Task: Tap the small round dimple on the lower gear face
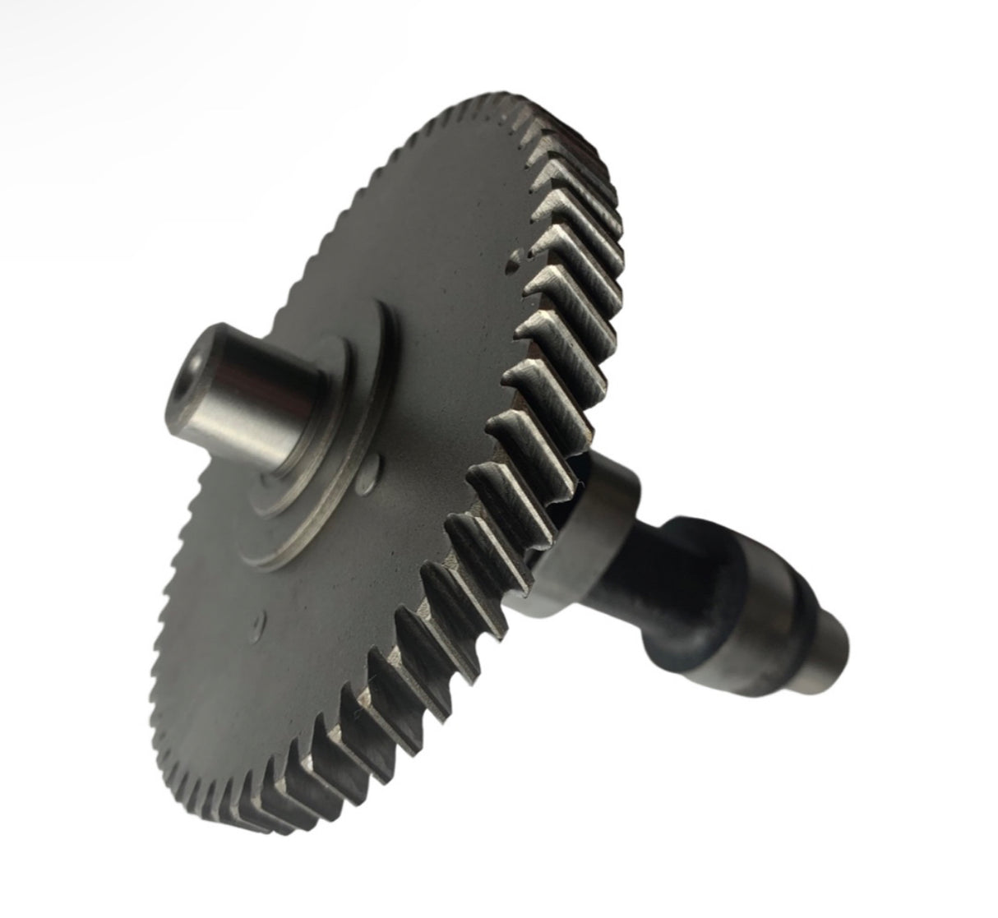coord(261,621)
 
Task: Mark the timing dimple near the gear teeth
coord(515,261)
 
